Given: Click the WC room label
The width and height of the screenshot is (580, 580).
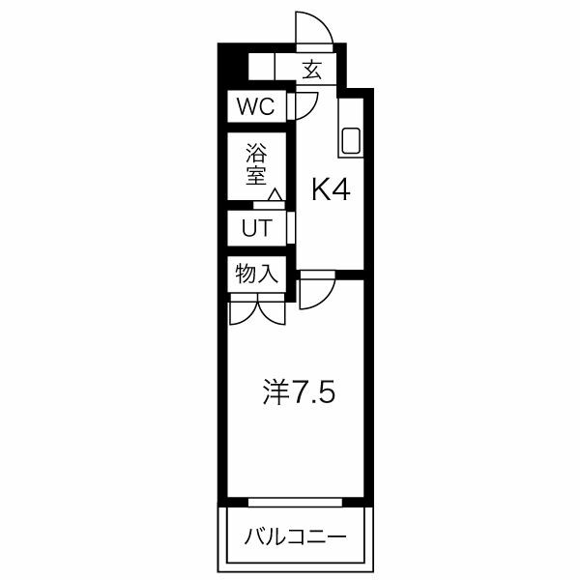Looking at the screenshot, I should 256,106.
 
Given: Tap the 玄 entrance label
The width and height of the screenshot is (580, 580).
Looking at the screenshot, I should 311,70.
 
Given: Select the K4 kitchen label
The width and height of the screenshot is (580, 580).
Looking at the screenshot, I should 329,190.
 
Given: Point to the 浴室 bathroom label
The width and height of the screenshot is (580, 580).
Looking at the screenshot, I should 256,164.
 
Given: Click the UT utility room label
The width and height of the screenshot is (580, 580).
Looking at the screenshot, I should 256,229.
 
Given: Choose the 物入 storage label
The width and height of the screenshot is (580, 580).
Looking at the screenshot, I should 257,274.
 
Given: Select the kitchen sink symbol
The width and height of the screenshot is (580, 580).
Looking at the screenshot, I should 350,141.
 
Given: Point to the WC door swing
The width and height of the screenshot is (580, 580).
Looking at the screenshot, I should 305,104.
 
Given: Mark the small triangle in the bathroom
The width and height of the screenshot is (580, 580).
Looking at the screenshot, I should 275,196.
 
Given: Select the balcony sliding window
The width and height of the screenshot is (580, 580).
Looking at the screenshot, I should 295,502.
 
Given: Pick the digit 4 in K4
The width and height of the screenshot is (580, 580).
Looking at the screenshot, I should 340,190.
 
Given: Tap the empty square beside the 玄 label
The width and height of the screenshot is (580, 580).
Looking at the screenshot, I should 261,69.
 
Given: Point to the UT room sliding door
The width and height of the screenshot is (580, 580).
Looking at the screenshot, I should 291,229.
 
